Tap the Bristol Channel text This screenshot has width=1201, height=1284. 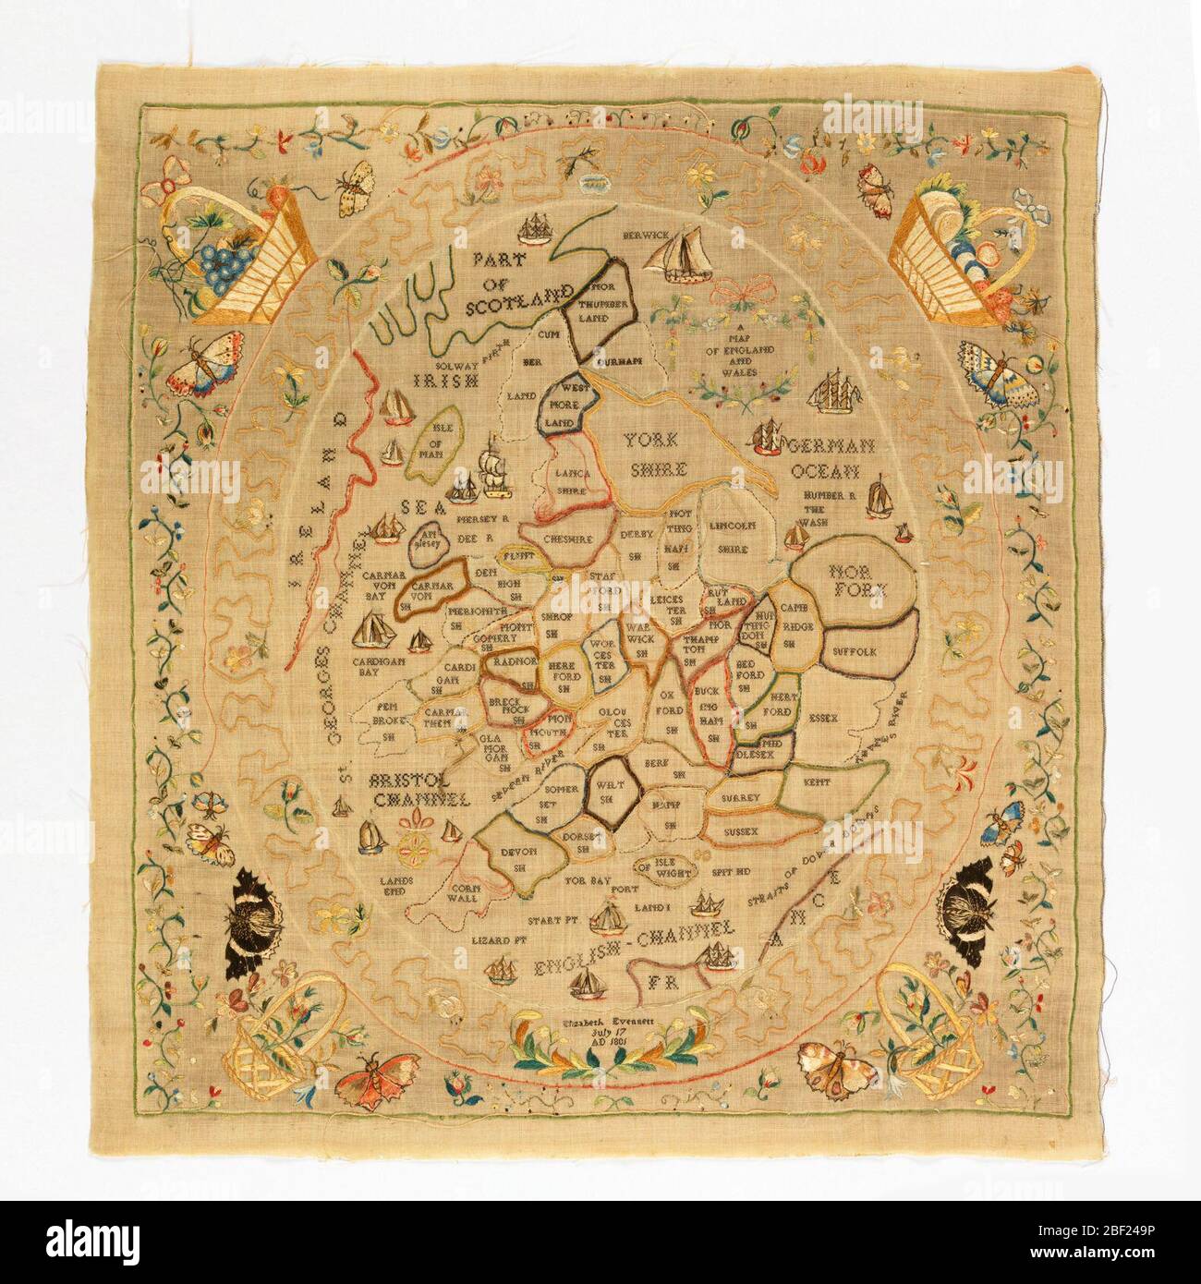pyautogui.click(x=415, y=786)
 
